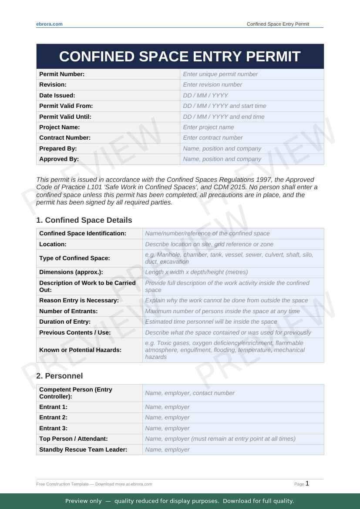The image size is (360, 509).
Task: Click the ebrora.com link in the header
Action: (x=49, y=24)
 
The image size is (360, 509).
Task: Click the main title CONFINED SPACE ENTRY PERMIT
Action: (x=180, y=57)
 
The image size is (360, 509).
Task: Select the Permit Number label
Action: (x=62, y=74)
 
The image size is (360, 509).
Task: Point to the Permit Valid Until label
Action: (x=65, y=117)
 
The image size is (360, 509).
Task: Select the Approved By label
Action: (x=59, y=159)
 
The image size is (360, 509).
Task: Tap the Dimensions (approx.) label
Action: (x=71, y=272)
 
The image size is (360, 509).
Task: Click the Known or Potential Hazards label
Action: (x=80, y=350)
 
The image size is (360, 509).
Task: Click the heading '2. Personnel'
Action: (x=59, y=376)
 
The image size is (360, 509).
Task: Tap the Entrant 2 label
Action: (x=53, y=417)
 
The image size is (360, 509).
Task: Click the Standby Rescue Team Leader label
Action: (x=83, y=449)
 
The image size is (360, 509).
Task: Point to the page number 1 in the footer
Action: (x=307, y=483)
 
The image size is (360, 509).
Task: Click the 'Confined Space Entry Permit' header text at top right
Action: (x=278, y=24)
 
